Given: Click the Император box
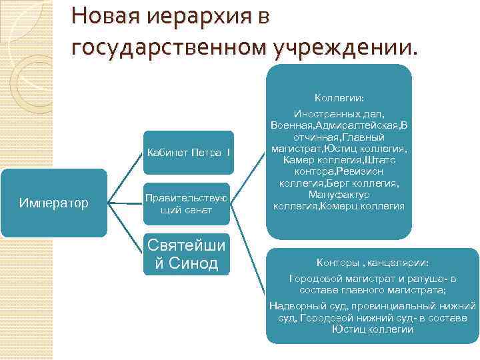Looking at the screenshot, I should (x=54, y=202).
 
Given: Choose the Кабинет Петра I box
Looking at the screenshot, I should (x=188, y=153).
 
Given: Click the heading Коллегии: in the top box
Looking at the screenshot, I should (x=339, y=98).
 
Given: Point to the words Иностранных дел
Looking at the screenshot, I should (x=339, y=115).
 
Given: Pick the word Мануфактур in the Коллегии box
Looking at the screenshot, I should (x=339, y=194).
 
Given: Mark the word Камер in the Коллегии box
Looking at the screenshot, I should (x=299, y=159).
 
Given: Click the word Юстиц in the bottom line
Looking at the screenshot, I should (x=347, y=329).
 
